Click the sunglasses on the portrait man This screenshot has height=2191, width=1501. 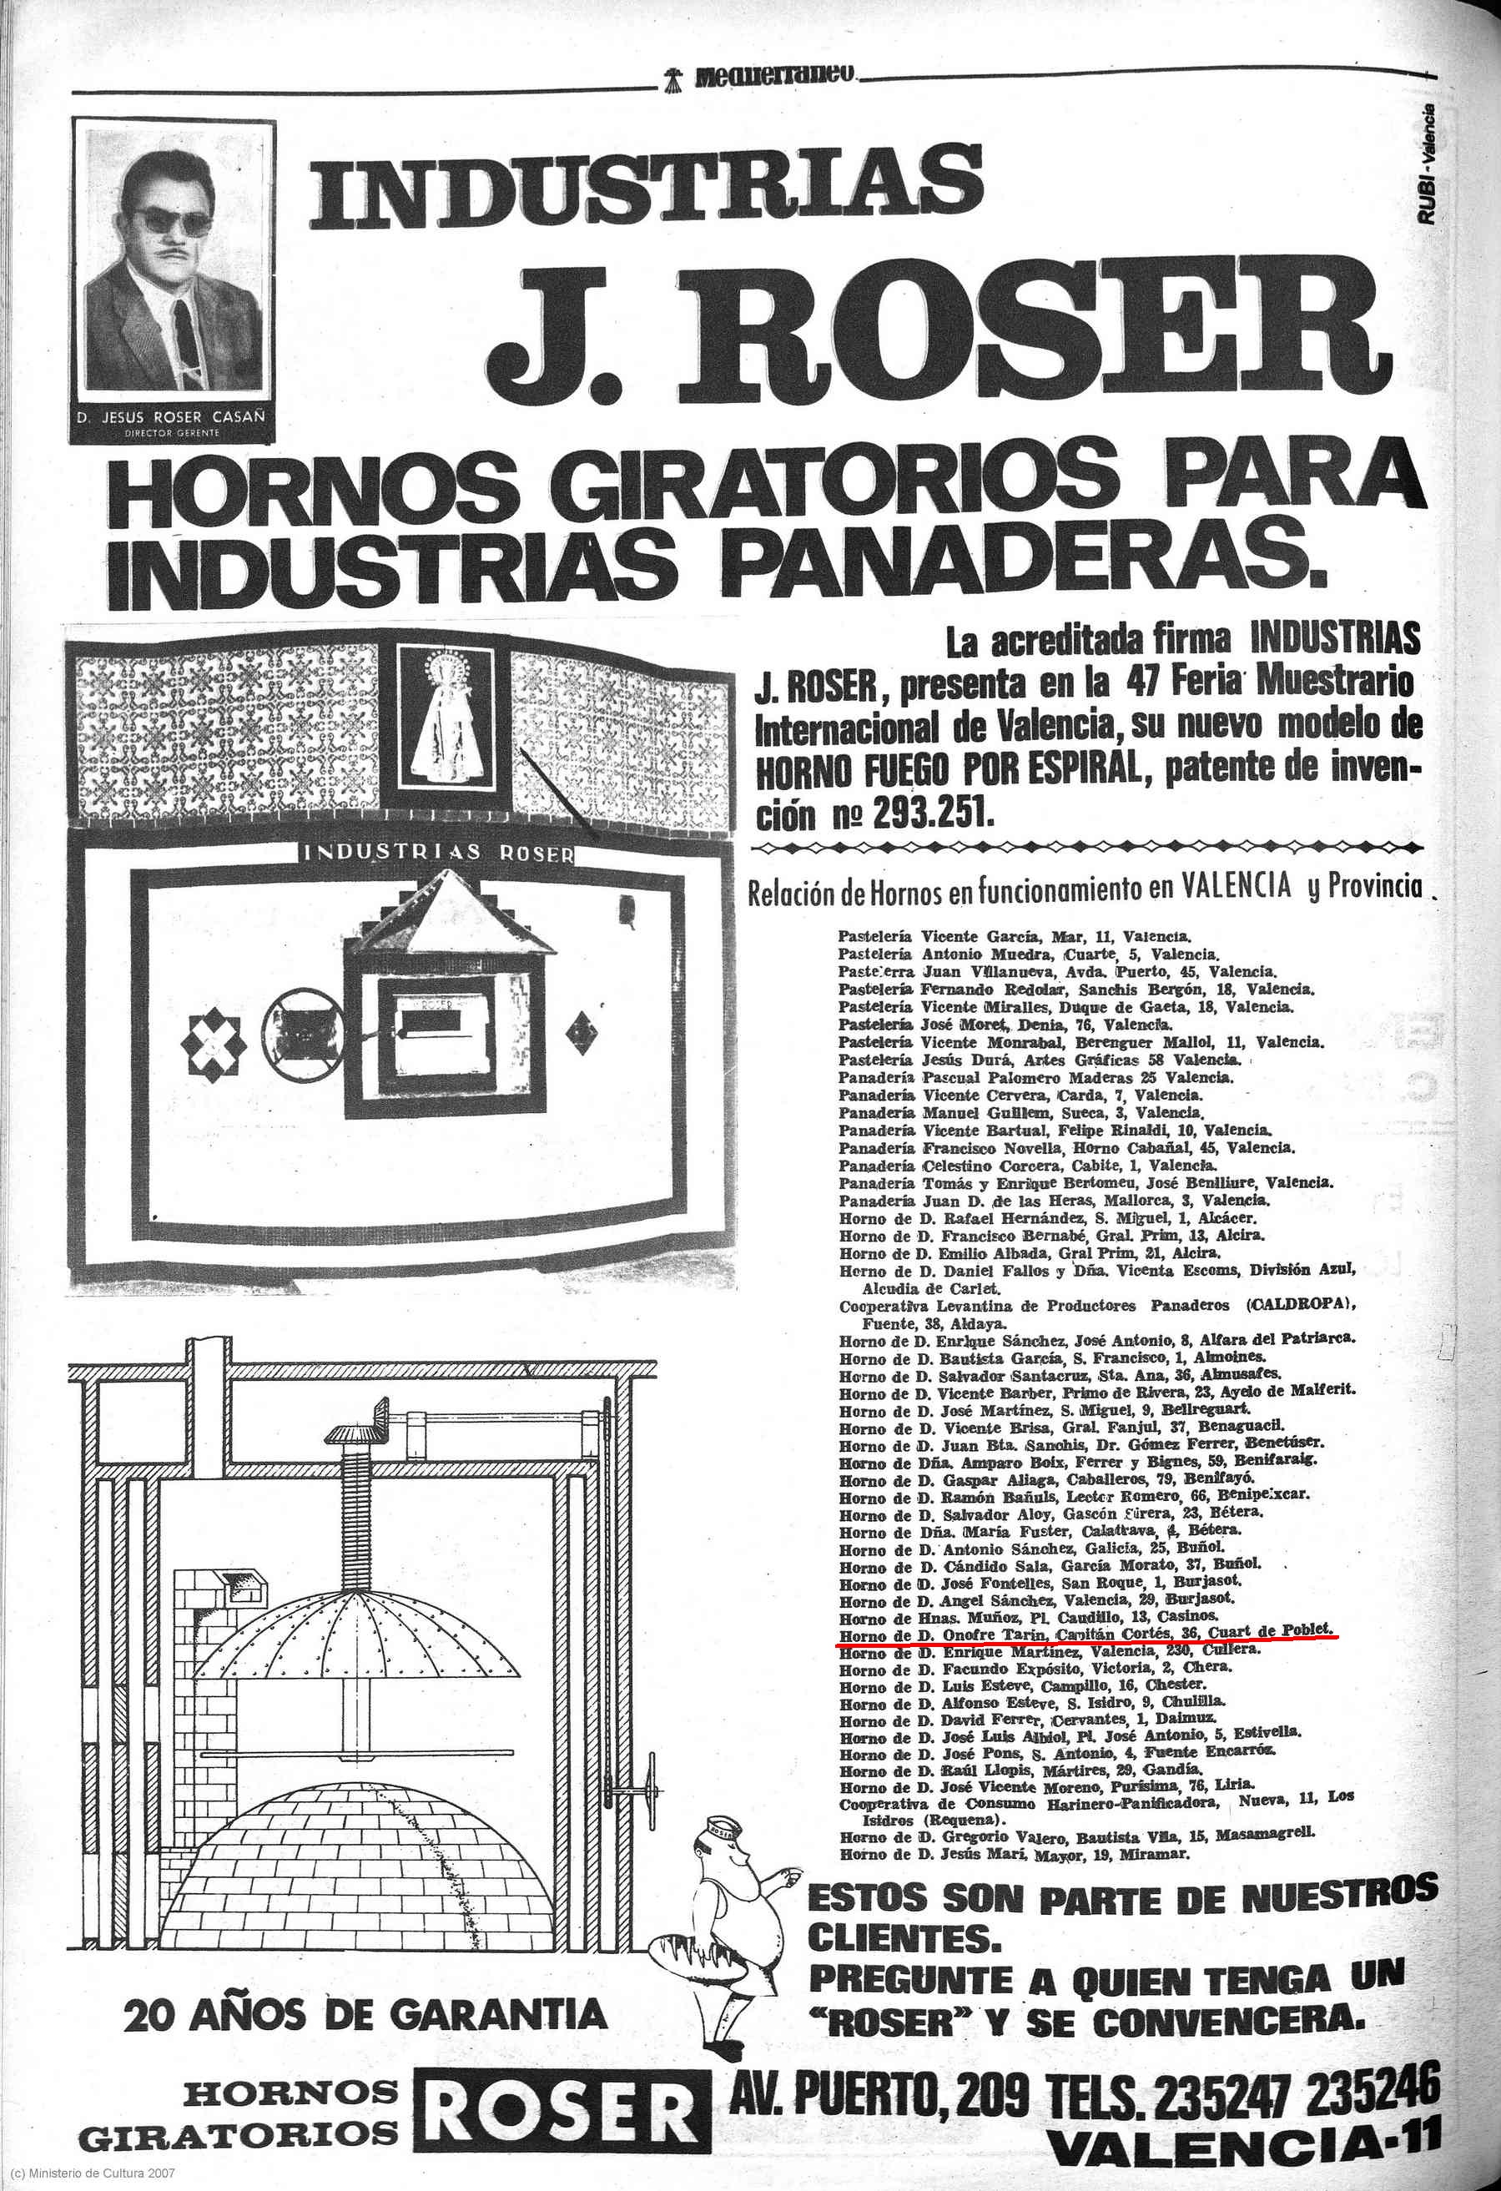(x=172, y=224)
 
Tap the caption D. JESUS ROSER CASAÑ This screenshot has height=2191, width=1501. (x=172, y=416)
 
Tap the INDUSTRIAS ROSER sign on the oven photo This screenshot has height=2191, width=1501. (x=436, y=852)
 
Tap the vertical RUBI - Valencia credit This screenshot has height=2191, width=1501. (x=1428, y=163)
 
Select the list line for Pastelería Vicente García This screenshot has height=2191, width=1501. (x=1015, y=937)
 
